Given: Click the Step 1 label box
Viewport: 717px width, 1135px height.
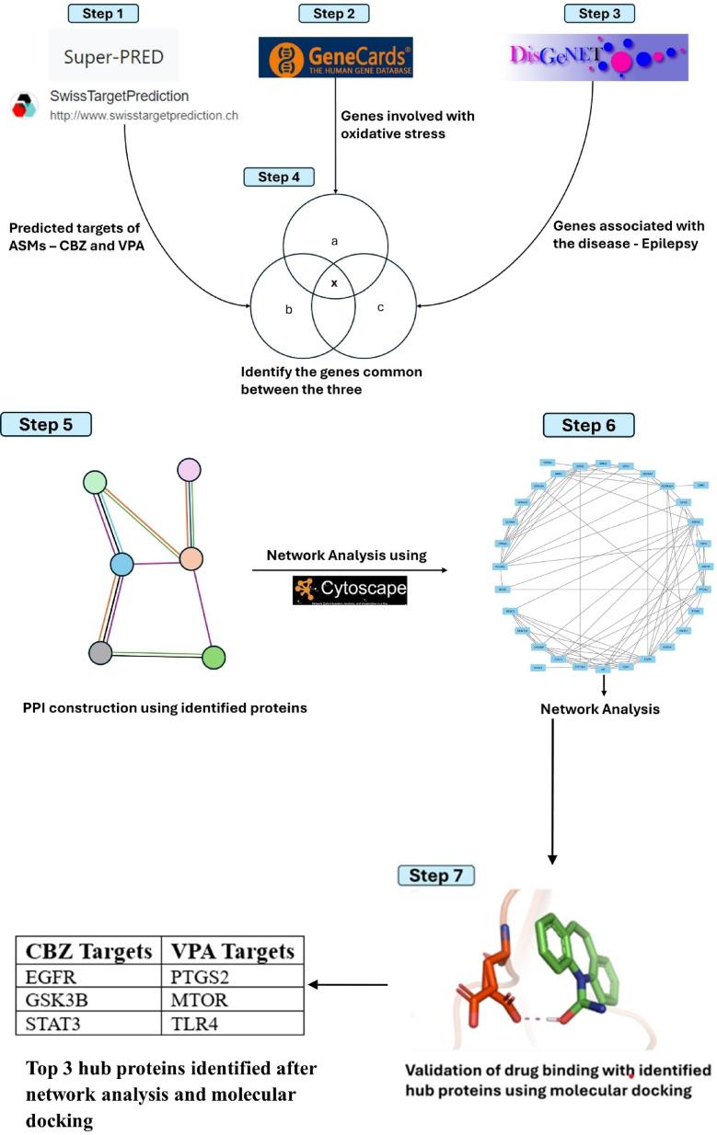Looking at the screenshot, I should tap(104, 14).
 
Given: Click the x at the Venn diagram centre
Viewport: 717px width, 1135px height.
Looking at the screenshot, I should tap(334, 283).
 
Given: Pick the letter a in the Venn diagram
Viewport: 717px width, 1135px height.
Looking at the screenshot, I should tap(334, 241).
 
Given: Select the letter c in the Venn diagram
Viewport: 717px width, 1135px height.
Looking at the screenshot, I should tap(381, 306).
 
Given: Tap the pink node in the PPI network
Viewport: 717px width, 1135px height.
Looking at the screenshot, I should tap(189, 469).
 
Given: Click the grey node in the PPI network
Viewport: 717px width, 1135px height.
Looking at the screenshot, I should tap(100, 652).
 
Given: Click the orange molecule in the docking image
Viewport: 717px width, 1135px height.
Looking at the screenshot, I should tap(488, 984).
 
